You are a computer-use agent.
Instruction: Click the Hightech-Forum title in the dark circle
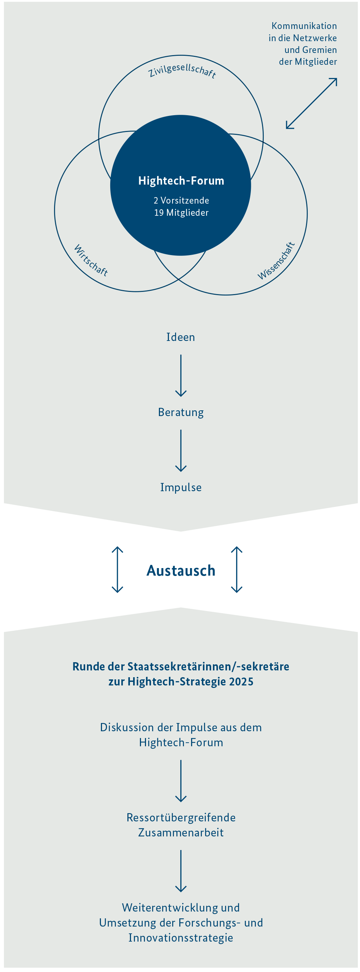pos(181,181)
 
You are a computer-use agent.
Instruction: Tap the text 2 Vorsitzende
pos(181,200)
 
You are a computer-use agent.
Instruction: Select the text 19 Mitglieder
pos(181,213)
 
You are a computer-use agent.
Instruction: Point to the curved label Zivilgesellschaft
pos(182,70)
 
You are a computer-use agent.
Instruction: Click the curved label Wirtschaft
pos(91,260)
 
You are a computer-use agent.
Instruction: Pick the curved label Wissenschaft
pos(276,261)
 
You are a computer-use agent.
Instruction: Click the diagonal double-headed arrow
pos(311,103)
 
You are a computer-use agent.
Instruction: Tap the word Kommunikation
pos(304,26)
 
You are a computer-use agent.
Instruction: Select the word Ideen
pos(181,337)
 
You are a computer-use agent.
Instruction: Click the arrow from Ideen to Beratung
pos(181,375)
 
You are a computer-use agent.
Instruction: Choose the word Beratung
pos(181,412)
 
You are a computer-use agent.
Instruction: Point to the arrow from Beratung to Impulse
pos(181,450)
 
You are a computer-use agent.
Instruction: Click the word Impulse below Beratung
pos(181,487)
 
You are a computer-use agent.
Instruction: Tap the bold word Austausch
pos(181,571)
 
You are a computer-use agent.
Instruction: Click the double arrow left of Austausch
pos(117,570)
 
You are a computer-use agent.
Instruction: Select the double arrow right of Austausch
pos(237,570)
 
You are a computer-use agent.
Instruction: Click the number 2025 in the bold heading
pos(240,682)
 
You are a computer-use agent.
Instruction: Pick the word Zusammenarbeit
pos(181,832)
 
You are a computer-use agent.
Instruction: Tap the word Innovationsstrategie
pos(181,938)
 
